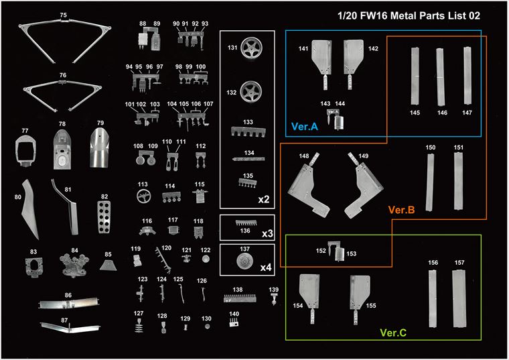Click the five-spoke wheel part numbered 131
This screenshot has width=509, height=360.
tap(252, 48)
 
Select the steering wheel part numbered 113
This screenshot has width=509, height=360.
tap(143, 196)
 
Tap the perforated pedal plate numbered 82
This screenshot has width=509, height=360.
tap(104, 217)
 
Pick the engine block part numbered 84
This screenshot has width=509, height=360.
tap(74, 265)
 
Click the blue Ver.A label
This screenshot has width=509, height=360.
tap(305, 127)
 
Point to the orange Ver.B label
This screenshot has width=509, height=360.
tap(402, 210)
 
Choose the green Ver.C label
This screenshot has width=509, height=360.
tap(393, 333)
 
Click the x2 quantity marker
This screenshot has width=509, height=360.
tap(264, 199)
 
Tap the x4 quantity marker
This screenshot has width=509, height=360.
tap(266, 267)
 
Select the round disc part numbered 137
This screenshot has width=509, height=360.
tap(245, 261)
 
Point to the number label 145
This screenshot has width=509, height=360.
tap(415, 113)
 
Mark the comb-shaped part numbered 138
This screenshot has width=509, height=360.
tap(240, 298)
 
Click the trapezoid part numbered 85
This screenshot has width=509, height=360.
tap(108, 265)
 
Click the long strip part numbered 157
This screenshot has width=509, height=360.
tap(459, 299)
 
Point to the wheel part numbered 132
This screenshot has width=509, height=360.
tap(251, 91)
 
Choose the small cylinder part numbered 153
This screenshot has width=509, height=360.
tap(340, 254)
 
